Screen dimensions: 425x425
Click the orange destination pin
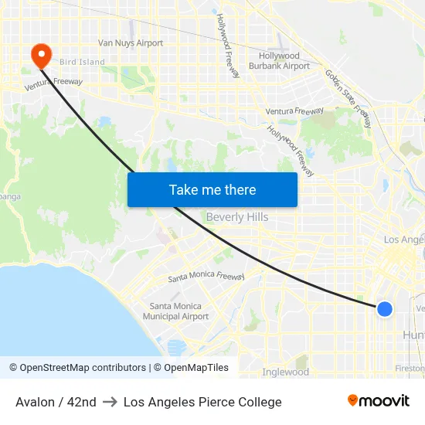pos(40,54)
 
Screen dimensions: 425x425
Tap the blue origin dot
pos(385,309)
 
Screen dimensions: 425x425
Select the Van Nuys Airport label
pos(131,43)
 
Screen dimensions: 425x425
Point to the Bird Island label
pos(82,62)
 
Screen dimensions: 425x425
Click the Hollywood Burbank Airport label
pos(279,61)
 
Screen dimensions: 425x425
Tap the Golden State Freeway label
pos(348,99)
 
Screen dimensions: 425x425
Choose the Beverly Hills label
pos(237,217)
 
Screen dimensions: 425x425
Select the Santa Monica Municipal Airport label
pos(176,311)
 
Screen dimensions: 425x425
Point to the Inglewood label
pos(286,372)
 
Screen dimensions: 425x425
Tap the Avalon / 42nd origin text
pos(56,402)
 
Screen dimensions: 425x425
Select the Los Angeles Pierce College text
pos(202,402)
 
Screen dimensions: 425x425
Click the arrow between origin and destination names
pos(110,402)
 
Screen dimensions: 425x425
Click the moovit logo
pos(379,400)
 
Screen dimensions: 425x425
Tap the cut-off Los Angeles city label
pos(404,240)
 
